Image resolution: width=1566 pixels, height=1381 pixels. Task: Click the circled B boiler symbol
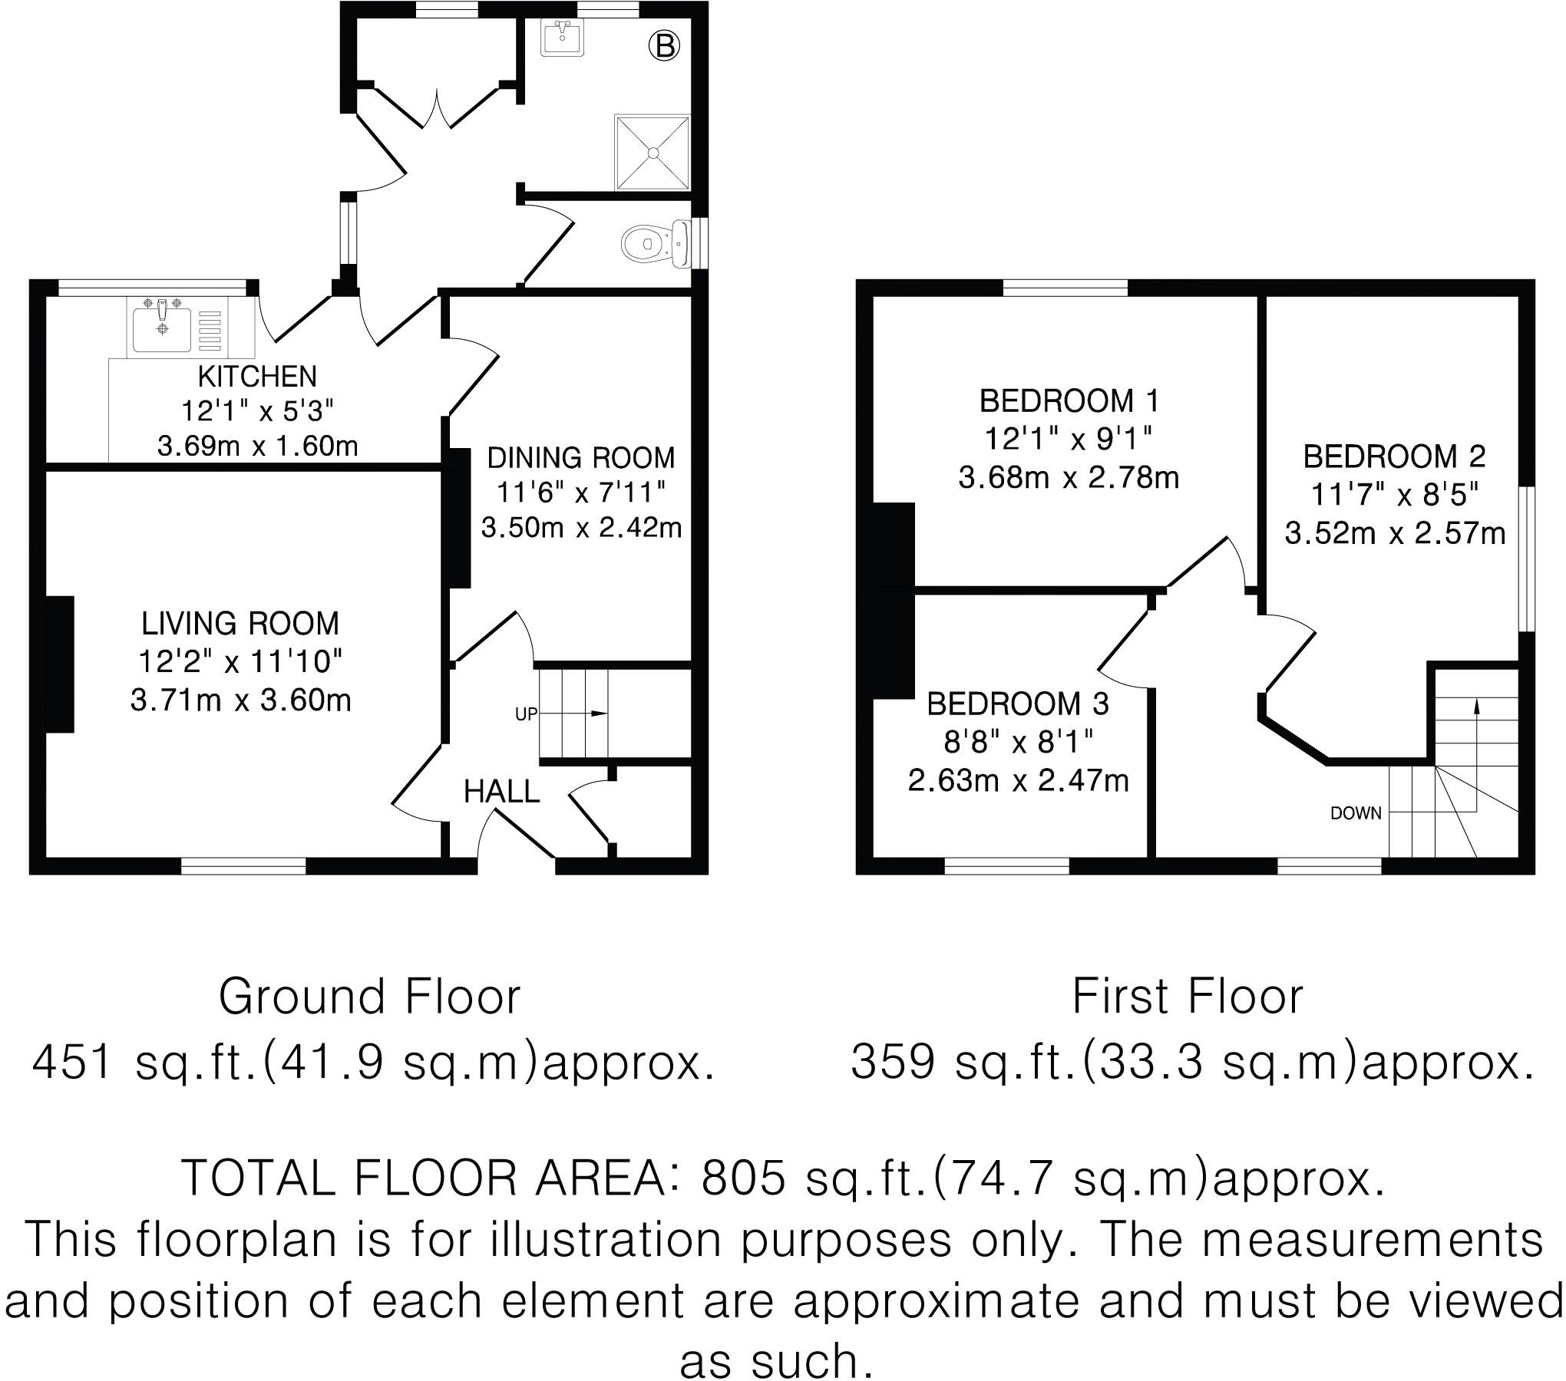pos(664,47)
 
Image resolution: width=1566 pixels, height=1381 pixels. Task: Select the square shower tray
pos(652,152)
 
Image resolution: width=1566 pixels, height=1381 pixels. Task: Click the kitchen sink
pos(163,328)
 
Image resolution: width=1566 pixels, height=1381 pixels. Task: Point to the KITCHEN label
pos(257,377)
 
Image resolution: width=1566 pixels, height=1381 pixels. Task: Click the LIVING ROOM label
pos(240,624)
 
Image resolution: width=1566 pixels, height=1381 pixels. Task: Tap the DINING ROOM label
pos(581,458)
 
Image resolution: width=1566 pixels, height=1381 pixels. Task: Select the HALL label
pos(502,791)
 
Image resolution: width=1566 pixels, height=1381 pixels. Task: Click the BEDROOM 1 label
pos(1069,401)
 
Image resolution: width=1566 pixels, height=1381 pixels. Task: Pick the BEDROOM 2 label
pos(1394,457)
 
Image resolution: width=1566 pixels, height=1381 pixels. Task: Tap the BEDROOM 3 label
pos(1018,704)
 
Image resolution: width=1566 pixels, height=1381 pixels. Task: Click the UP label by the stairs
pos(526,714)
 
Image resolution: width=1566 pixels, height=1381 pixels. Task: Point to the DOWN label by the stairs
pos(1356,813)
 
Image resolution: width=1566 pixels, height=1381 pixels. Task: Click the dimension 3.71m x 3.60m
pos(241,700)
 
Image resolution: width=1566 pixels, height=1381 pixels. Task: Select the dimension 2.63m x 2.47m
pos(1018,781)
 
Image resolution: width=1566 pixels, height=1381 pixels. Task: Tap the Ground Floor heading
pos(369,997)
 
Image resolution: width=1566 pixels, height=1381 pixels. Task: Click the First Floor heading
pos(1188,997)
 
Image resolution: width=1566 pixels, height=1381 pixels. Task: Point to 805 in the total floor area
pos(743,1178)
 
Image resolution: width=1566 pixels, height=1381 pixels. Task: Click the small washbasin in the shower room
pos(562,38)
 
